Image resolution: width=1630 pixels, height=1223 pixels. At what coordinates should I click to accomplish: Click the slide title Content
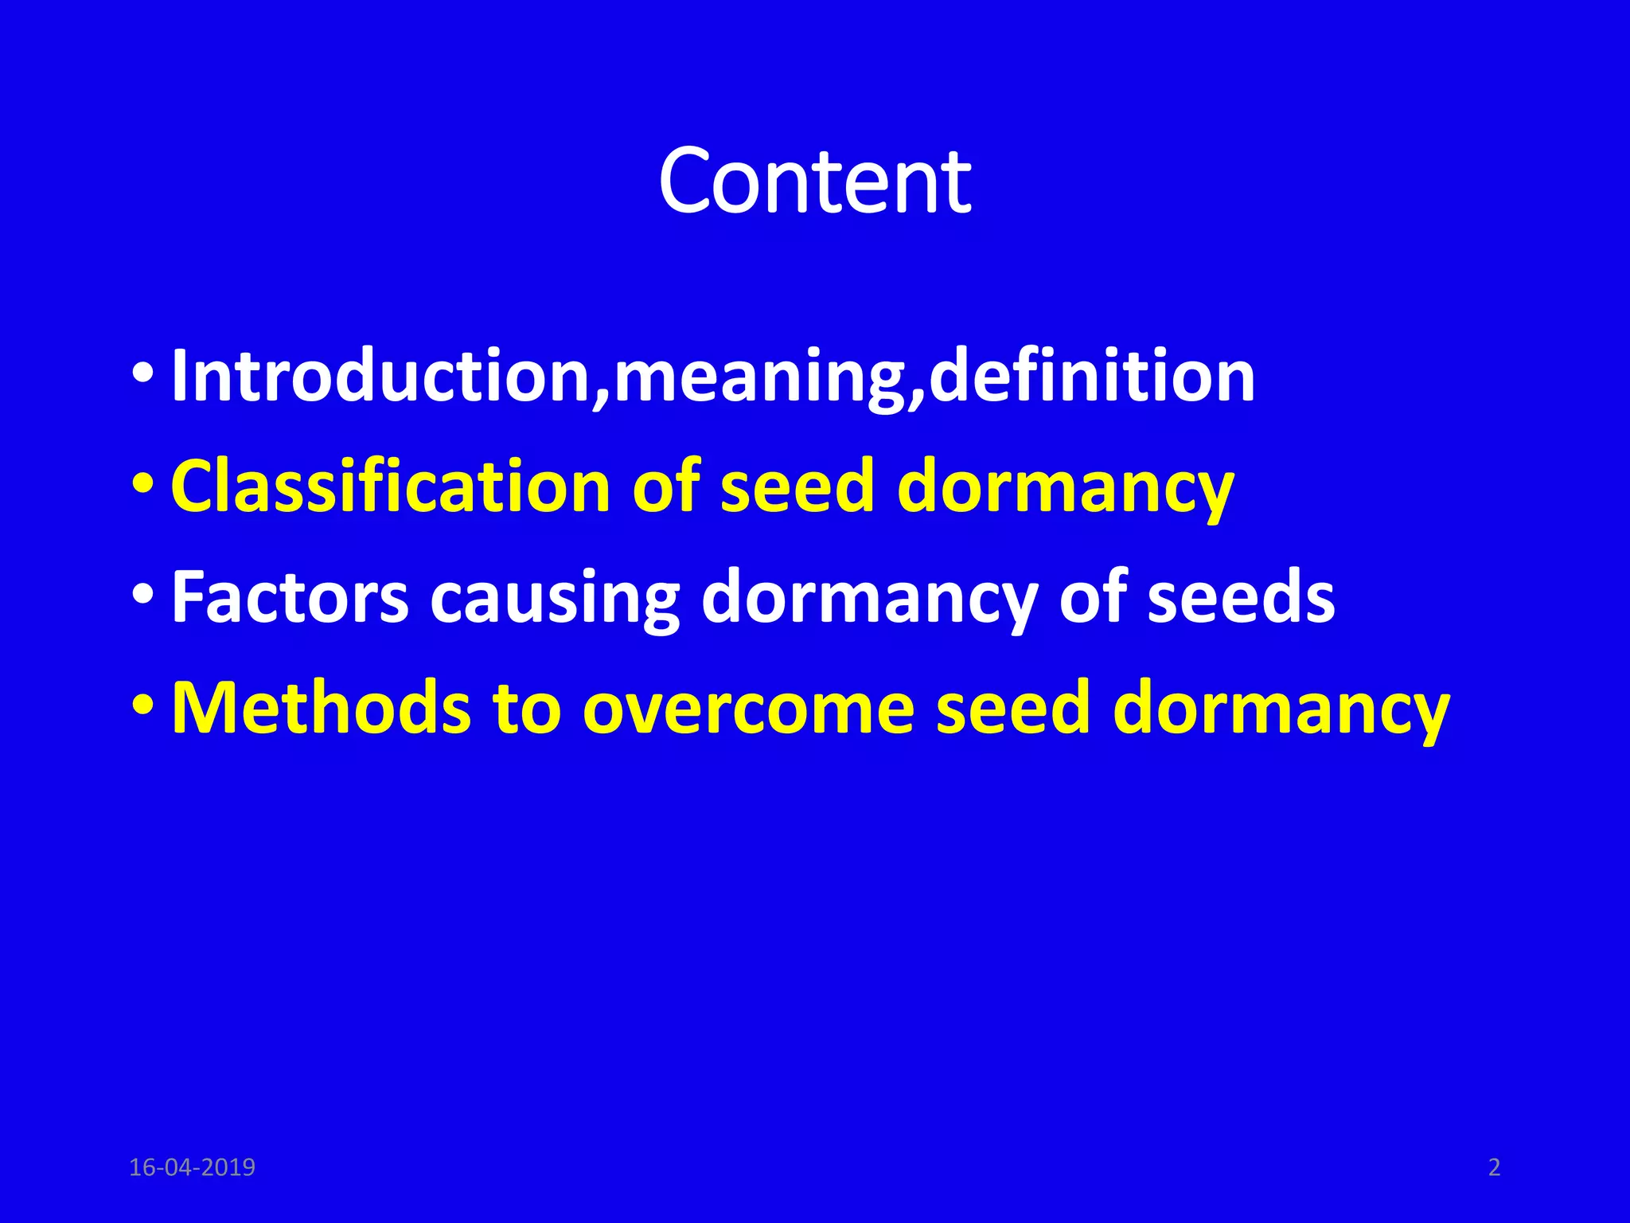(x=814, y=182)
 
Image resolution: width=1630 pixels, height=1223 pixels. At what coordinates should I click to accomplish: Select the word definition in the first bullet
(x=1091, y=376)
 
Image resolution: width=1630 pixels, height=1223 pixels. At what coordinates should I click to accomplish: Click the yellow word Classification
(x=391, y=486)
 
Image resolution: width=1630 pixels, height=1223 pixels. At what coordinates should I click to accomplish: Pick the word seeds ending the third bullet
(x=1241, y=597)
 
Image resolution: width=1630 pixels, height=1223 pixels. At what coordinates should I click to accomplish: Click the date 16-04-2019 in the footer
(x=192, y=1167)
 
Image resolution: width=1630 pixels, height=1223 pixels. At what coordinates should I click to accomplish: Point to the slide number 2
(x=1494, y=1167)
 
